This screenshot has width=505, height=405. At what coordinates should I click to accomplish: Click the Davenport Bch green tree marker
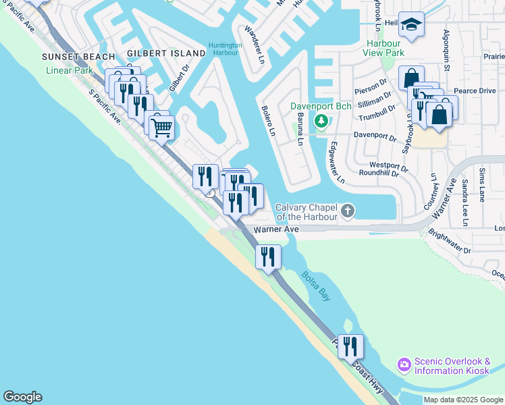[321, 121]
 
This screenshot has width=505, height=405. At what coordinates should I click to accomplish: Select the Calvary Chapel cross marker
[348, 212]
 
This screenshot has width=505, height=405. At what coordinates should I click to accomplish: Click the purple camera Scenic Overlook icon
[404, 365]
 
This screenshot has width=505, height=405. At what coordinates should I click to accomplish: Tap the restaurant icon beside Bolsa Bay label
[268, 256]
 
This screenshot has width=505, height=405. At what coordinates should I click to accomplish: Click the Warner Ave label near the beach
[276, 230]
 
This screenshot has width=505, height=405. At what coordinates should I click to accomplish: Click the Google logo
[22, 397]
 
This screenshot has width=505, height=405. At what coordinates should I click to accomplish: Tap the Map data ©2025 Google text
[463, 400]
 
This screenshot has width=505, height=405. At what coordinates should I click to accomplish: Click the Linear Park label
[70, 70]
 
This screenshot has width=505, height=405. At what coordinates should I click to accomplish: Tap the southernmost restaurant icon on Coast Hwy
[350, 346]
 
